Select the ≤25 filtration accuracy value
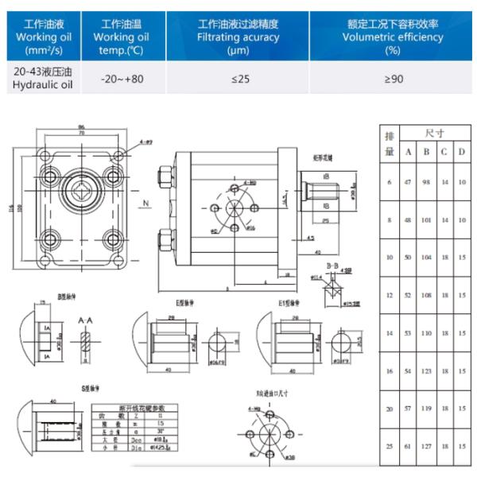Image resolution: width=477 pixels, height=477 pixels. point(238,79)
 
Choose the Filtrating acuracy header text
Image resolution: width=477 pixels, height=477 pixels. point(238,37)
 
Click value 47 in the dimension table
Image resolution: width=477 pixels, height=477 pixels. point(408,183)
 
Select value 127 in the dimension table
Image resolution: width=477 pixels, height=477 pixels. point(427,446)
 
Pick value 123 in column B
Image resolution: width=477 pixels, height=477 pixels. point(427,371)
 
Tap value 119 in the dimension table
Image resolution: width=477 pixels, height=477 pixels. point(427,409)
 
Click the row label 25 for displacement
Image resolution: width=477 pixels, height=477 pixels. point(390,446)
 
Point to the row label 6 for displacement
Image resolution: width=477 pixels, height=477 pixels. point(390,183)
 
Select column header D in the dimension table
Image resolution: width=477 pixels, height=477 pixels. point(462,152)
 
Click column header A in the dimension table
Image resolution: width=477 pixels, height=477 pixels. point(408,152)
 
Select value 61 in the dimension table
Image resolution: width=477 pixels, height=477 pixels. point(408,446)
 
